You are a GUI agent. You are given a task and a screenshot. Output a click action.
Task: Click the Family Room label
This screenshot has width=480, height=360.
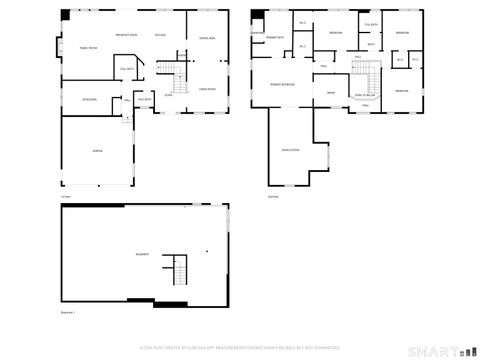coord(88,47)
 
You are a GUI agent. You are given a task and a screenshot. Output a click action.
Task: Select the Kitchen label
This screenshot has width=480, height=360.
coord(160,34)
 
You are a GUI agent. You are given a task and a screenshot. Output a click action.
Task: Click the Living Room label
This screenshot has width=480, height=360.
coord(207,88)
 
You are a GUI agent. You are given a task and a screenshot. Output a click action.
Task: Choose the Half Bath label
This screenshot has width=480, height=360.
coord(143,100)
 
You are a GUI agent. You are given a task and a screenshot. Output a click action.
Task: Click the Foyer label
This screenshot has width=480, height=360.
coord(168,95)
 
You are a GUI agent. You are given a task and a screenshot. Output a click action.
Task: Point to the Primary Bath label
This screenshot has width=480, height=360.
coord(277,37)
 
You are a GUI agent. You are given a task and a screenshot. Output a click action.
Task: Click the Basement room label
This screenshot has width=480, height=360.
coord(142,253)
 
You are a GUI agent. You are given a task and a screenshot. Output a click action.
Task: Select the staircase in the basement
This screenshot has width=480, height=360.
coord(179,269)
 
